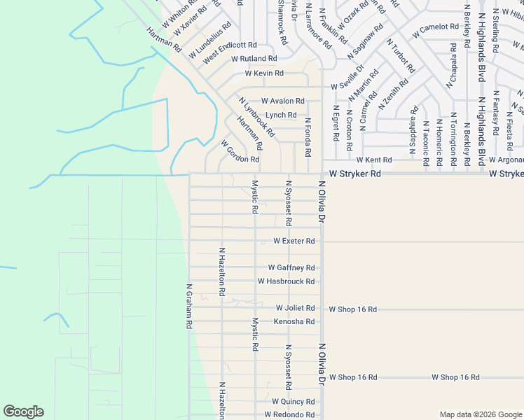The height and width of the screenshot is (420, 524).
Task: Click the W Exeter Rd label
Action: pyautogui.click(x=294, y=241)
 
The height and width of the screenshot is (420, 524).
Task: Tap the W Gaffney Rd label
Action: pyautogui.click(x=291, y=268)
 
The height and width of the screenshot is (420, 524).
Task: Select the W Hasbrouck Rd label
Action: pyautogui.click(x=286, y=281)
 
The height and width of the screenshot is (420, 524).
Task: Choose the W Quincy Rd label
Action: pyautogui.click(x=294, y=402)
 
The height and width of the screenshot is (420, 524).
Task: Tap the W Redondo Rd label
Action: pyautogui.click(x=289, y=415)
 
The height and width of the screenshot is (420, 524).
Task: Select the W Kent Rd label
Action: pyautogui.click(x=374, y=160)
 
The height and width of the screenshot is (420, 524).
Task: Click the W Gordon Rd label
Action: pyautogui.click(x=240, y=151)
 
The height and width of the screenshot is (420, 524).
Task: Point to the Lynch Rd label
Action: pyautogui.click(x=281, y=115)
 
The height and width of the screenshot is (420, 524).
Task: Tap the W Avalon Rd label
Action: pyautogui.click(x=283, y=101)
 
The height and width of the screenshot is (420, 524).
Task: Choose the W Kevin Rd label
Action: pyautogui.click(x=264, y=73)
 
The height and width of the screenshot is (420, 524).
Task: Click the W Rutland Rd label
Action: pyautogui.click(x=254, y=59)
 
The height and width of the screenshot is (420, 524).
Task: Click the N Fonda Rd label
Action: pyautogui.click(x=308, y=137)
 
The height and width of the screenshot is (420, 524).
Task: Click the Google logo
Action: pyautogui.click(x=23, y=412)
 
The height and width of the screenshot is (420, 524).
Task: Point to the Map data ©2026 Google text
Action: pyautogui.click(x=480, y=414)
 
